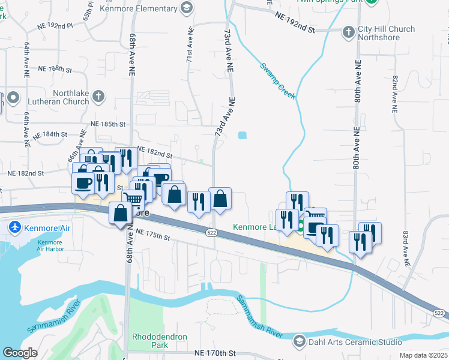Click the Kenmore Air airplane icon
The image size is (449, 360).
pos(14,227)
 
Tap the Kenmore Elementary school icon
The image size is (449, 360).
pos(187,8)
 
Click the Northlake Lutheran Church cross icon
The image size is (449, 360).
pos(99,97)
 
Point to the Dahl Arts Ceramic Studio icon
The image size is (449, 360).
pos(299,342)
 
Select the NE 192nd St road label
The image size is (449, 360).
pos(294,25)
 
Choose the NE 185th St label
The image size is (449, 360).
pos(107,124)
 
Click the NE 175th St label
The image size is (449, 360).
pos(153,235)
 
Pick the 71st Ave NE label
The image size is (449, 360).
pos(190,45)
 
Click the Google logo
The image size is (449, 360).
pos(20,353)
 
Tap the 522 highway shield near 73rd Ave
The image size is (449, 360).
pos(211,232)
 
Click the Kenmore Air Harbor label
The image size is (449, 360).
pos(49,246)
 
